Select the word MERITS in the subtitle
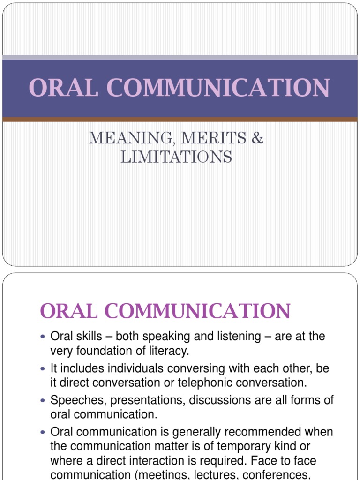[201, 138]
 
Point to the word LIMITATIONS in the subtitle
[176, 157]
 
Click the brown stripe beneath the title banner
[180, 120]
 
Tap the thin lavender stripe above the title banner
[180, 57]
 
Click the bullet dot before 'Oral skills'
[44, 337]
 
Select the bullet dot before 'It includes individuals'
[44, 369]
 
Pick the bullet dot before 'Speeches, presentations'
[44, 401]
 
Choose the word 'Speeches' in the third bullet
[75, 400]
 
